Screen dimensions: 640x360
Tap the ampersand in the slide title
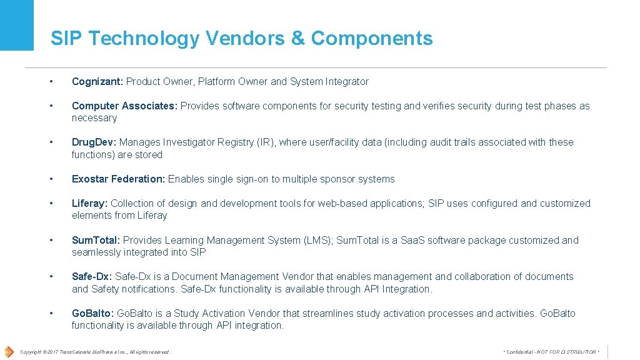pos(297,38)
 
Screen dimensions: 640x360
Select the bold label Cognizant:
pos(97,82)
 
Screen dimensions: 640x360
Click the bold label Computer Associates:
pos(124,106)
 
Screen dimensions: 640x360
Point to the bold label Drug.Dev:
pos(94,142)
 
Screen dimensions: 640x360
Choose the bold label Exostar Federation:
pos(118,179)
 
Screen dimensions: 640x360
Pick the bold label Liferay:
pos(89,204)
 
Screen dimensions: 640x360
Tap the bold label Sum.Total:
pos(96,241)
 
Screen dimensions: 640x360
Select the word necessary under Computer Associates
pos(94,118)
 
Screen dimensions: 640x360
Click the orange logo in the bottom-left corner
pos(9,352)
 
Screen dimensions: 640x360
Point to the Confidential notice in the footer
pos(551,352)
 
